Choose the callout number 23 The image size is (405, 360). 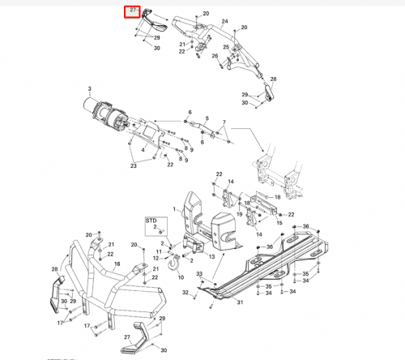click(x=133, y=165)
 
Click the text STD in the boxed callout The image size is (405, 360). click(x=151, y=220)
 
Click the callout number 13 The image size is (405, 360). click(x=212, y=255)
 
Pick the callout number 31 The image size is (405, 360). click(x=240, y=303)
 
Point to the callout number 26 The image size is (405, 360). click(x=215, y=56)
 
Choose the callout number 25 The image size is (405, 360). click(x=227, y=47)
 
